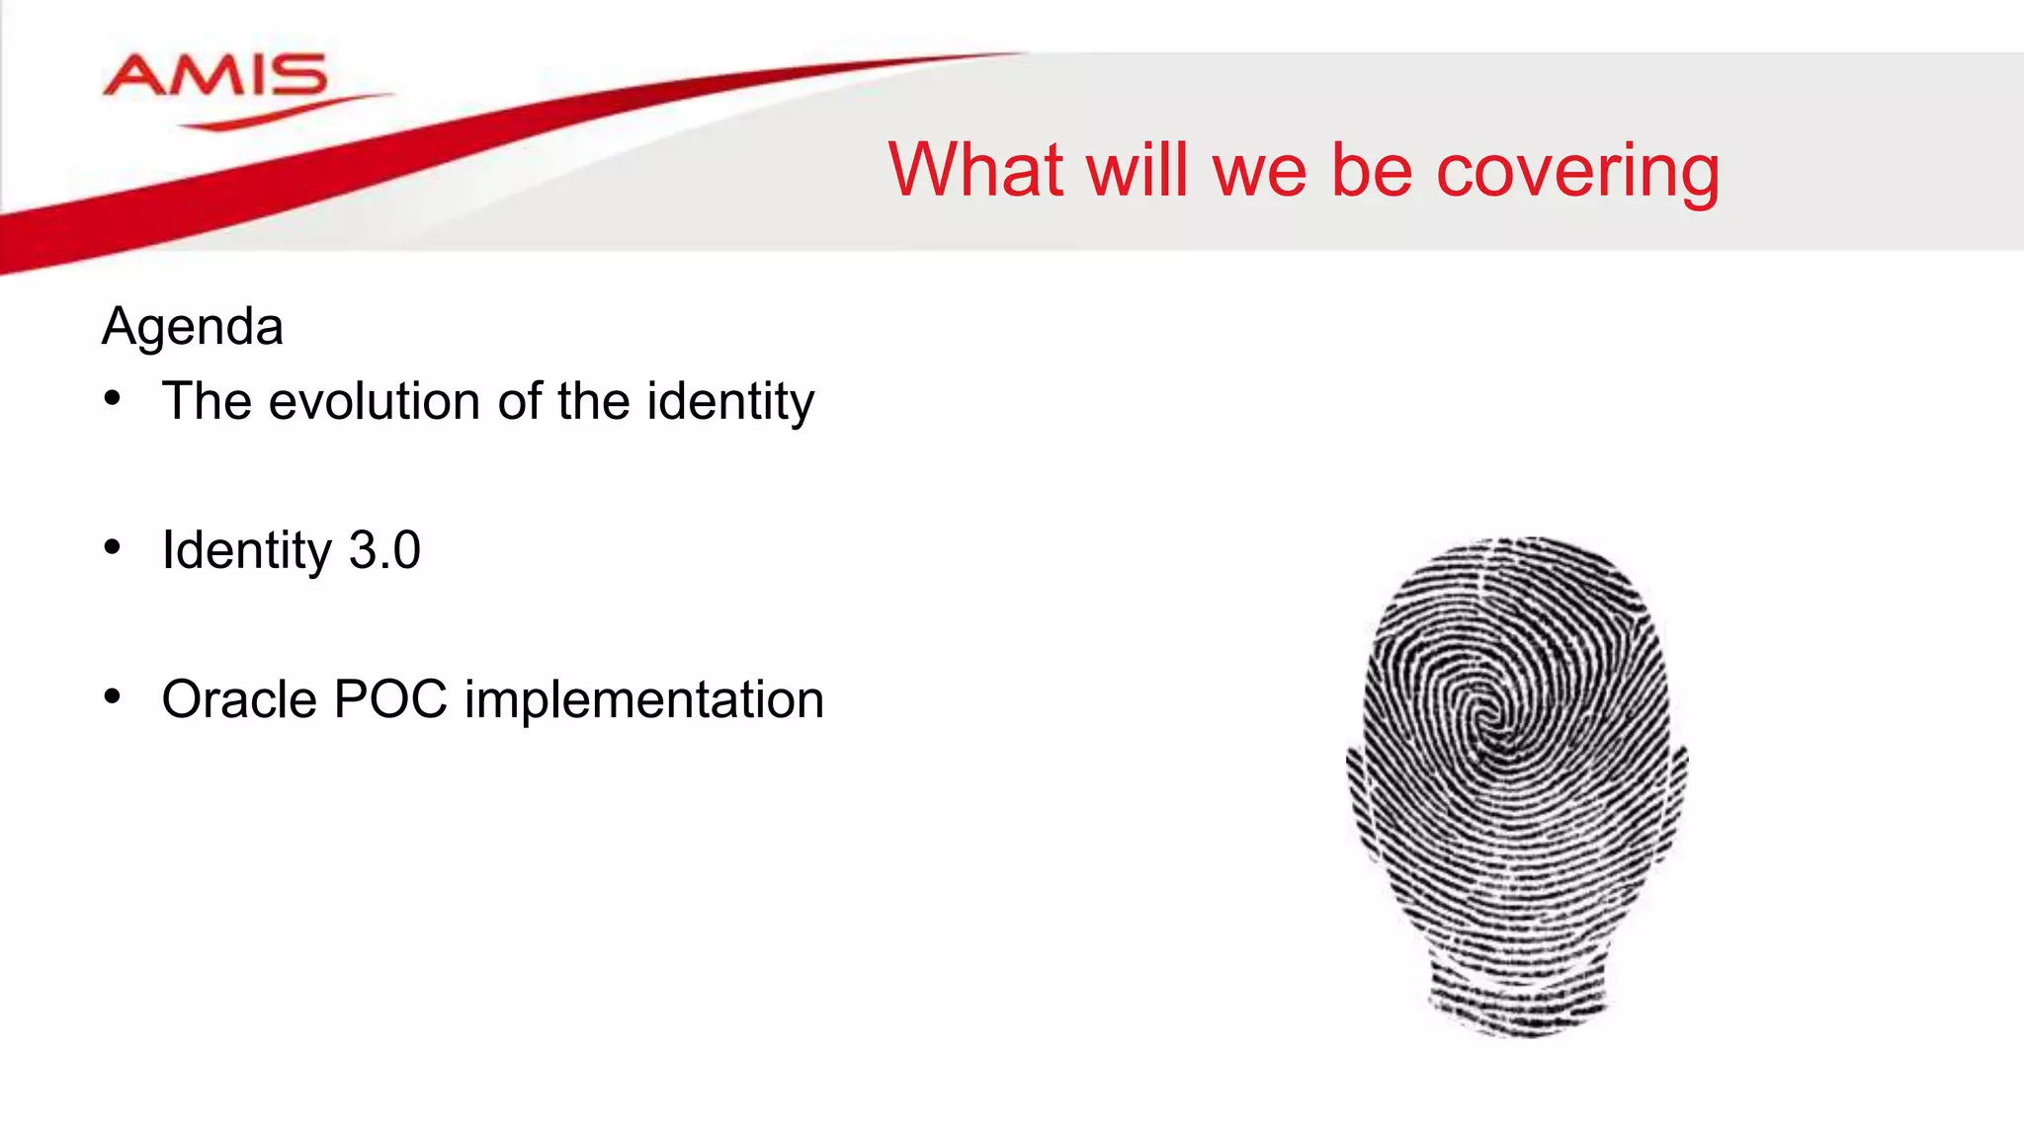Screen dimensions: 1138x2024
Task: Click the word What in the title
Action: pos(975,170)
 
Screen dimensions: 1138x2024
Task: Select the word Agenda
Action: pos(193,327)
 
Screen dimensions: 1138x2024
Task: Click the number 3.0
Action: pos(384,550)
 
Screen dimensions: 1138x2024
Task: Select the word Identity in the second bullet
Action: pos(247,551)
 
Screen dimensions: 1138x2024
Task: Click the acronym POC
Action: pos(391,699)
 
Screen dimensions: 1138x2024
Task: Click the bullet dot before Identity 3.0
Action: pos(113,547)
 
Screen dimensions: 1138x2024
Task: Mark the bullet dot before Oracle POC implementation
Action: pos(113,696)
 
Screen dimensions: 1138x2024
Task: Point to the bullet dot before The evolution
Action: pos(113,398)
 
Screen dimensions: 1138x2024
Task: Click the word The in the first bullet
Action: pos(207,401)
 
